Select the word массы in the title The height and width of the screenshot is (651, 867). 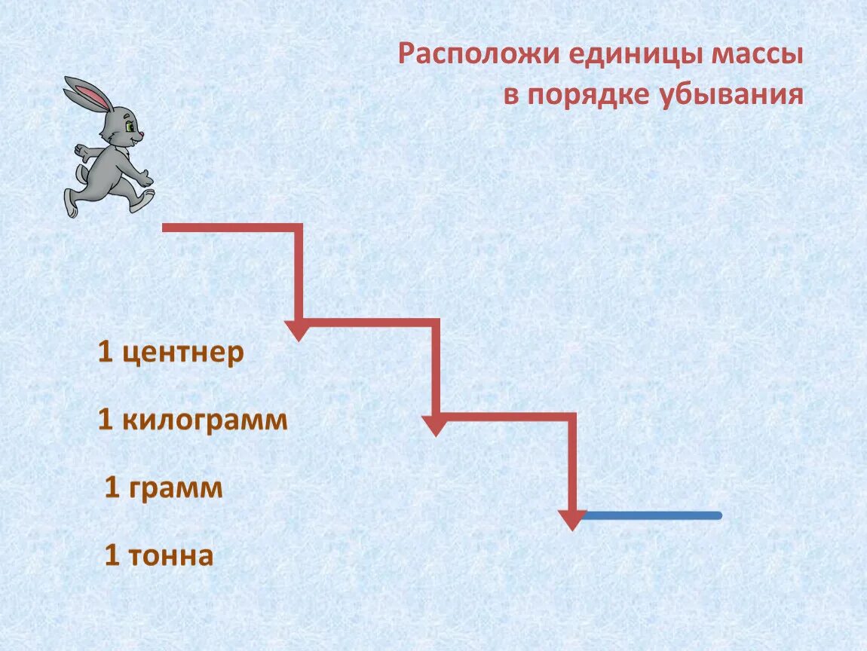(755, 56)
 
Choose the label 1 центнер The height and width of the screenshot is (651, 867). (171, 353)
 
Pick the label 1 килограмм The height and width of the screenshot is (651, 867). (193, 420)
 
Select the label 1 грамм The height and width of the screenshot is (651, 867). (164, 488)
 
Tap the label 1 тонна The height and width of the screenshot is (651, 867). (159, 556)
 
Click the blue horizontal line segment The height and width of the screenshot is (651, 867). (653, 515)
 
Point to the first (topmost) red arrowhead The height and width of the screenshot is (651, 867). (299, 330)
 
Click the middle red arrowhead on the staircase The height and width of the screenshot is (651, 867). (435, 425)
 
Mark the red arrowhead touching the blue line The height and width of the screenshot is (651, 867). (573, 519)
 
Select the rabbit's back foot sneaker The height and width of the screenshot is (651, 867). (71, 202)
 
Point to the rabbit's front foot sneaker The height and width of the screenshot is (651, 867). (141, 200)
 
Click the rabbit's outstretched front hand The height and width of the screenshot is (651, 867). (146, 179)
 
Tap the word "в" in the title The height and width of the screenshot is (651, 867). (512, 96)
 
